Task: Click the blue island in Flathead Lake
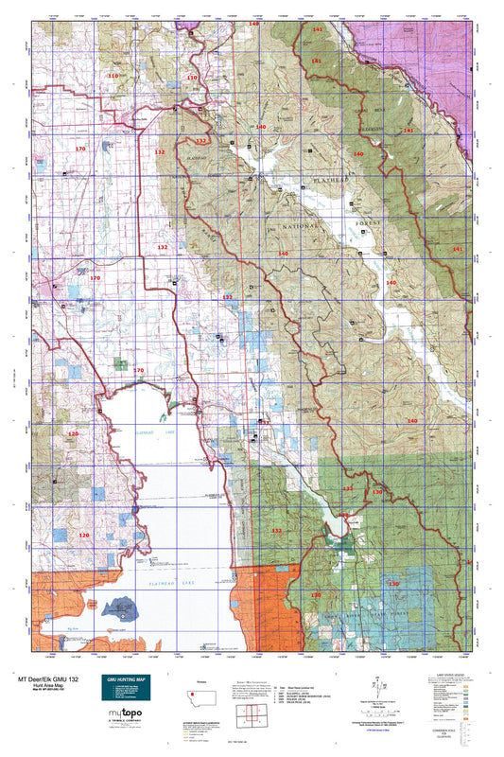(122, 605)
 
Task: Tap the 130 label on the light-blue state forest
(392, 584)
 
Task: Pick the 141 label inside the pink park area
(316, 31)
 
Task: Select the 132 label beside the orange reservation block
(276, 532)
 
